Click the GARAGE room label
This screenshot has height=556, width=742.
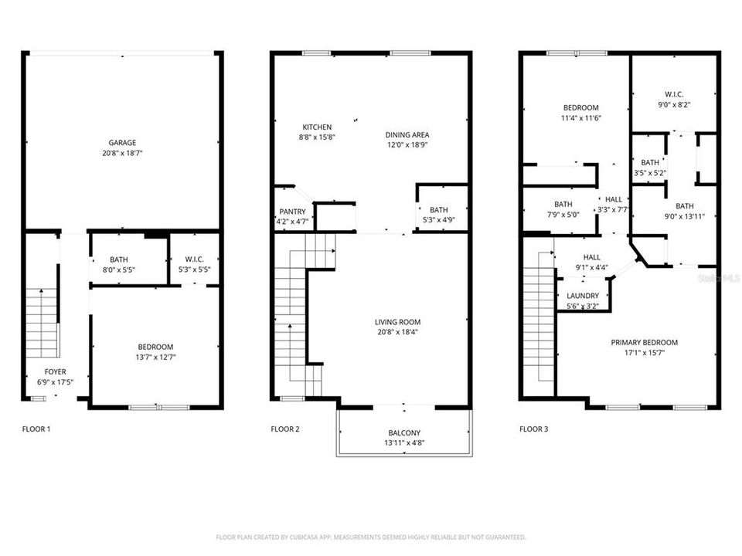[122, 143]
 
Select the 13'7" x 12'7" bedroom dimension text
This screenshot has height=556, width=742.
[155, 358]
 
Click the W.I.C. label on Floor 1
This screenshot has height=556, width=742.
[193, 259]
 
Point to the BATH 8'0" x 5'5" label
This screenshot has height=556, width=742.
[118, 259]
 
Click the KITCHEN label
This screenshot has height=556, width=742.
[317, 127]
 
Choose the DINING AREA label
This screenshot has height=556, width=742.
[407, 135]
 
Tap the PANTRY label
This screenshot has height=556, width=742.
[292, 212]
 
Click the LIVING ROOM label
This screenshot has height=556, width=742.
[397, 322]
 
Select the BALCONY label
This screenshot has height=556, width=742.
[403, 433]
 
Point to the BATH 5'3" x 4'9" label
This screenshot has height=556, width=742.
[438, 210]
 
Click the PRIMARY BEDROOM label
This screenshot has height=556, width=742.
[644, 343]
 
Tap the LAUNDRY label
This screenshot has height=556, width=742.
[583, 296]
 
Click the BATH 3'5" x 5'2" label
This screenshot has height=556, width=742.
[649, 163]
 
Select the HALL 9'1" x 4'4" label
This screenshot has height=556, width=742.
[591, 258]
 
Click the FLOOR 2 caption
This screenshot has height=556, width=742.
[286, 429]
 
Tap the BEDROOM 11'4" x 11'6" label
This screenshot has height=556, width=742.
[580, 107]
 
